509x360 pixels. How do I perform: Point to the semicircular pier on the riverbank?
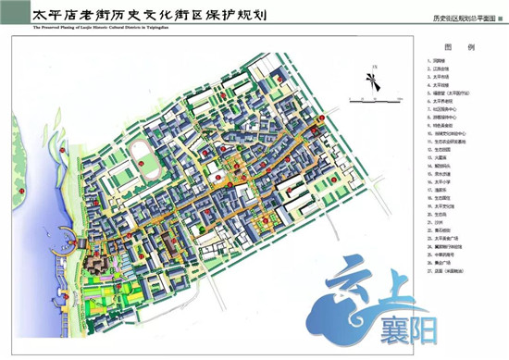(65, 242)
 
